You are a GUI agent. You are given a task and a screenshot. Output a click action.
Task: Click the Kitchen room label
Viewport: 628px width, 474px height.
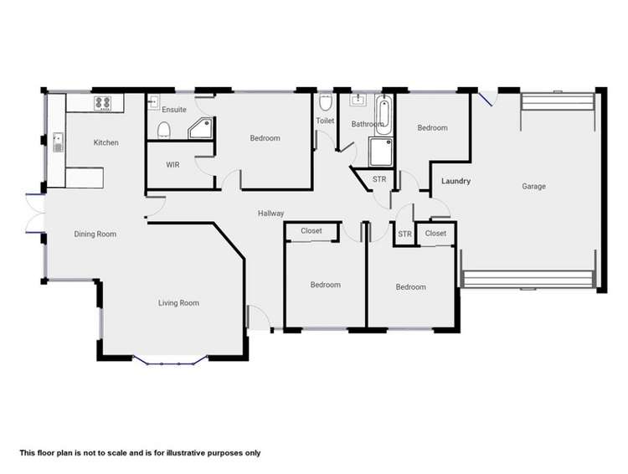tap(106, 143)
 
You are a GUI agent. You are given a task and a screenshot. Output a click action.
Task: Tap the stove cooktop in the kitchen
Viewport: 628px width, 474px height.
tap(103, 104)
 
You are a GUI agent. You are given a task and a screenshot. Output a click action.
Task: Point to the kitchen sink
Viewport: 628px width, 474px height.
tap(58, 142)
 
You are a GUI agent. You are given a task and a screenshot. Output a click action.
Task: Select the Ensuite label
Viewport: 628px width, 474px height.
tap(174, 110)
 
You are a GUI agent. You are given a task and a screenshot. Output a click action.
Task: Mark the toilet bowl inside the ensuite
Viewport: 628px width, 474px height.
tap(164, 129)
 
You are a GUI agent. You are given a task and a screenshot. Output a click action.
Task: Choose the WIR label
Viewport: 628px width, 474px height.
tap(173, 165)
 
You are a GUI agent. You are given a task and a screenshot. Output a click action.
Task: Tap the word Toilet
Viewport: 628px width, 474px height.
tap(325, 121)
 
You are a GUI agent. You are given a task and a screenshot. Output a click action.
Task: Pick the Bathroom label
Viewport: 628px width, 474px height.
tap(367, 125)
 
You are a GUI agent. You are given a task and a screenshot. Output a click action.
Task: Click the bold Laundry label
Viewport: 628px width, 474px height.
tap(456, 181)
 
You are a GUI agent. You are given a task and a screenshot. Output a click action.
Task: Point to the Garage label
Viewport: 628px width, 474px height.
tap(533, 187)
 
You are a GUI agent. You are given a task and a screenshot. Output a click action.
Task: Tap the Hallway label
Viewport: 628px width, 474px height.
tap(270, 214)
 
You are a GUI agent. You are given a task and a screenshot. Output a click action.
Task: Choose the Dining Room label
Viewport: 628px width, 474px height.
tap(95, 234)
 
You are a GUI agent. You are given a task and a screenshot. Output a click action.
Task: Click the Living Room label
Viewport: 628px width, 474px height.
tap(178, 303)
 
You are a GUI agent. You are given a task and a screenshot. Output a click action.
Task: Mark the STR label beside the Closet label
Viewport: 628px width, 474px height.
tap(405, 234)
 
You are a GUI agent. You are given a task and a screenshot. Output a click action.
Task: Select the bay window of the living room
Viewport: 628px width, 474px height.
tap(170, 362)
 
